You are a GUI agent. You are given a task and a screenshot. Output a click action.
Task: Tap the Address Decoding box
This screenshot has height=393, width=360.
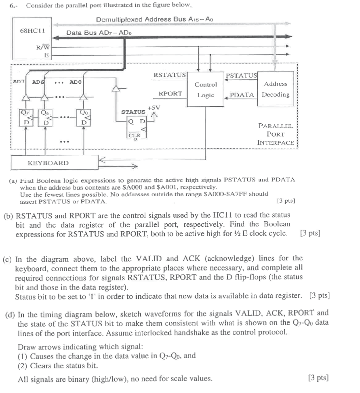click(x=276, y=89)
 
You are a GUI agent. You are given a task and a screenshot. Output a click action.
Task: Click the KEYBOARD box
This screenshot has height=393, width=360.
click(x=48, y=163)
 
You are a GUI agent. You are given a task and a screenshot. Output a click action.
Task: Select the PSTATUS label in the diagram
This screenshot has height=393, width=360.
click(x=241, y=75)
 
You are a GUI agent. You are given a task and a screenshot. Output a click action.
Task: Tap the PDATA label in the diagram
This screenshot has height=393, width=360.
click(x=242, y=95)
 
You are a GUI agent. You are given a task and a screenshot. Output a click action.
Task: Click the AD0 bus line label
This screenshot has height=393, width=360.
click(x=75, y=82)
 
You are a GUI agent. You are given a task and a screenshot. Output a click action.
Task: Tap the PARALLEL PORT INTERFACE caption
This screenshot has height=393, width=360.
click(x=276, y=134)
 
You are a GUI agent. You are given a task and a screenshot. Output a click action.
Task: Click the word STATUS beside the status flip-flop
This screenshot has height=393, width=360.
click(x=133, y=111)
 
